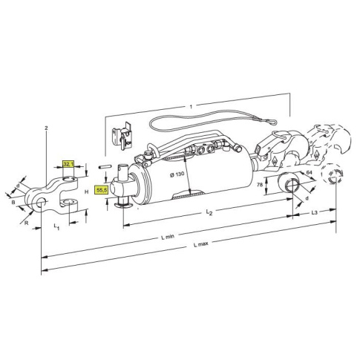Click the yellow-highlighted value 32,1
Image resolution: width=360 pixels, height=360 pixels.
coord(68,164)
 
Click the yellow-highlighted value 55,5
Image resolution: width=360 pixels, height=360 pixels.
coord(102,190)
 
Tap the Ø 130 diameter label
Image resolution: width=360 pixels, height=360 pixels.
coord(177,174)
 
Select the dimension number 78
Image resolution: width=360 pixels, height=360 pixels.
coord(260,185)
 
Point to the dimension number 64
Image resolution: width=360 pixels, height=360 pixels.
coord(310,172)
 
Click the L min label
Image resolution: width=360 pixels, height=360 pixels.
coord(168,237)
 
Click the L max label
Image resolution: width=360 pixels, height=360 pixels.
coord(201,244)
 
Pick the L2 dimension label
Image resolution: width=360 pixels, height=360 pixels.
coord(209,212)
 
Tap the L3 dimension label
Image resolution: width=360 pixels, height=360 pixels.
coord(314,212)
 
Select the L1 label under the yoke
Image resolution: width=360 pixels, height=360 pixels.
coord(56,226)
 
